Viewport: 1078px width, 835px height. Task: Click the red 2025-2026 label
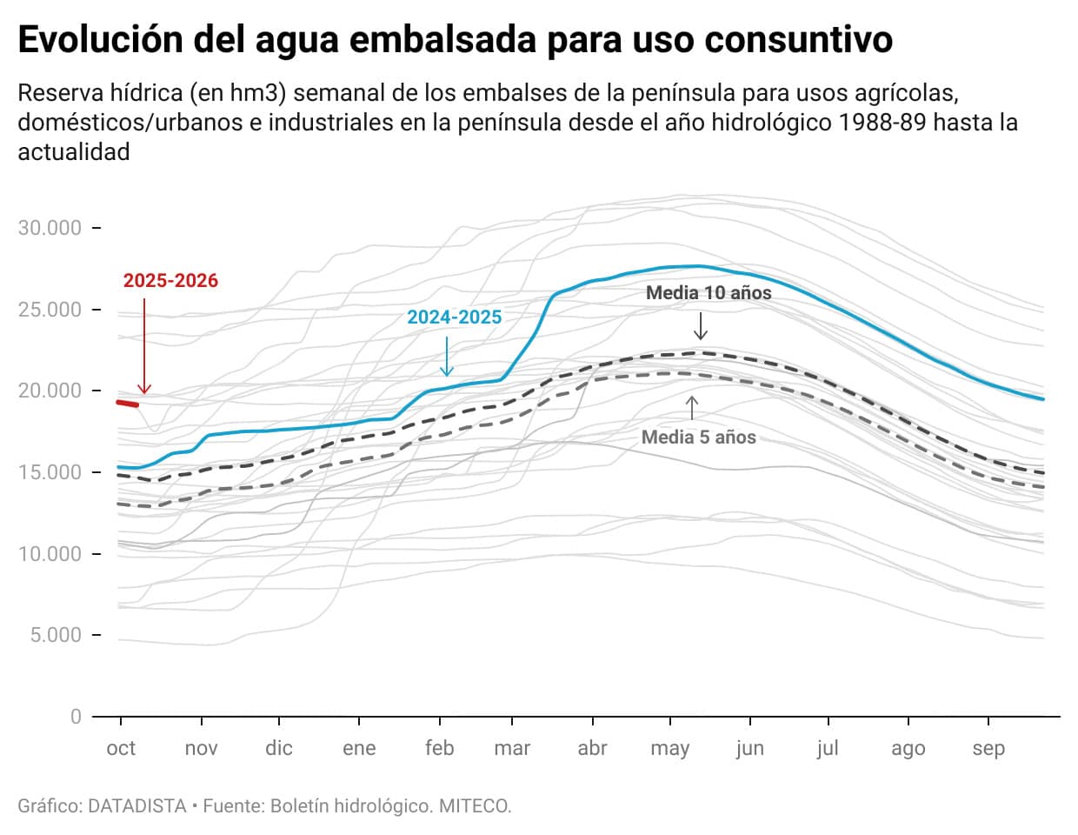(x=170, y=281)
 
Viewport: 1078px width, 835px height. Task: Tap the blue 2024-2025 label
(x=455, y=317)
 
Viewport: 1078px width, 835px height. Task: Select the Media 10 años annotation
(x=709, y=293)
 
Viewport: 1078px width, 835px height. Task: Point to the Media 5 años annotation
(x=699, y=438)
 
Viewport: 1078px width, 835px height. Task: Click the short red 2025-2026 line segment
(x=128, y=403)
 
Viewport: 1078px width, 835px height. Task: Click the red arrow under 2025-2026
(x=145, y=348)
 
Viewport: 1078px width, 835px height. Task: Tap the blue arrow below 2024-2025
(x=447, y=357)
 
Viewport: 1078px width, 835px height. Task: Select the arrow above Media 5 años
(x=692, y=408)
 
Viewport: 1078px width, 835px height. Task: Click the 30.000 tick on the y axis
(x=50, y=228)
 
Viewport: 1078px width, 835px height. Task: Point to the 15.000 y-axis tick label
(x=50, y=472)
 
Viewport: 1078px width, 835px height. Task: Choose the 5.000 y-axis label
(x=56, y=635)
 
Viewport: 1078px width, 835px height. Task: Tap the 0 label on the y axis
(x=76, y=717)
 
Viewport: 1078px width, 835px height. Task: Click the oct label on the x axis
(x=121, y=749)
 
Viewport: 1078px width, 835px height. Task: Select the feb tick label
(x=440, y=749)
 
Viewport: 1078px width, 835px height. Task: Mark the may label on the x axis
(x=669, y=749)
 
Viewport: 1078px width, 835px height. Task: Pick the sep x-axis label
(x=988, y=749)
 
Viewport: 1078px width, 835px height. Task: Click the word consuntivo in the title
(x=799, y=40)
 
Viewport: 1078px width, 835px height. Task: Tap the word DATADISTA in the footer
(x=137, y=806)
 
